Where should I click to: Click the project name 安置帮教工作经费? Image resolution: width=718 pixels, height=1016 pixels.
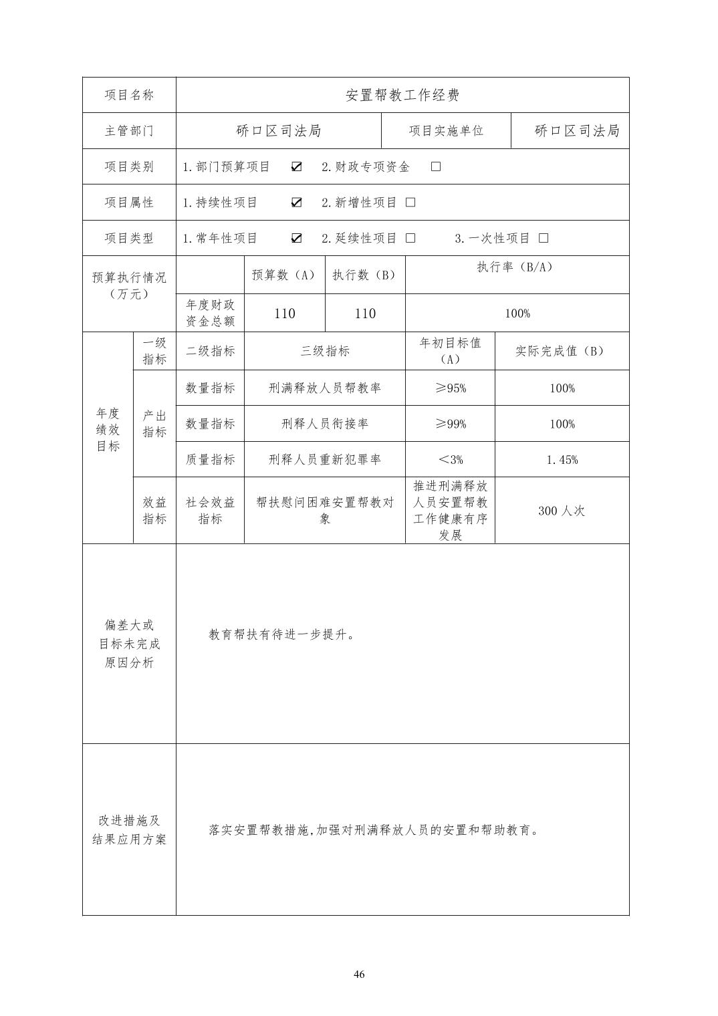(x=402, y=95)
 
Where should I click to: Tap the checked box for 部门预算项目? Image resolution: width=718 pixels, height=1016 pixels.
(x=297, y=166)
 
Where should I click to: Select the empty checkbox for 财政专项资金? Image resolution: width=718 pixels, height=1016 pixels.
(x=436, y=166)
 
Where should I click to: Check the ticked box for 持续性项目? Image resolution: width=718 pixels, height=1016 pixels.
(x=297, y=203)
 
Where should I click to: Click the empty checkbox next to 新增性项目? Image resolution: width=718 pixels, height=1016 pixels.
(x=410, y=203)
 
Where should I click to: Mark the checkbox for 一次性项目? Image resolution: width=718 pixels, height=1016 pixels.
(x=544, y=238)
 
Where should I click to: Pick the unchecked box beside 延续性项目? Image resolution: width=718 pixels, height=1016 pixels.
(x=410, y=238)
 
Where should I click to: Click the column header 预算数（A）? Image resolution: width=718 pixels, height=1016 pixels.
(x=284, y=275)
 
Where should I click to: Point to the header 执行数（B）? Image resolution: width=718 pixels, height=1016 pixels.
(x=364, y=275)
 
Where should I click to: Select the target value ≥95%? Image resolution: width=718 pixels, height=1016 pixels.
(x=450, y=388)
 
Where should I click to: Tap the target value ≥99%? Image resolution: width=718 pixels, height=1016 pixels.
(x=450, y=424)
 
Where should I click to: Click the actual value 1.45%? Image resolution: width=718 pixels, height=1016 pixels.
(x=562, y=460)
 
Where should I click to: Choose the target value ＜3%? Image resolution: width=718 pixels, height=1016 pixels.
(x=450, y=460)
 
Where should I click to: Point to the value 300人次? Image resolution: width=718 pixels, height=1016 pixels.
(x=562, y=511)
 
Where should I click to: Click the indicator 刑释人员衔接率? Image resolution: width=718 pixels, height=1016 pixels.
(x=324, y=424)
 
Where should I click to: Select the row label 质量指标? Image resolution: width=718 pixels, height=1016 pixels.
(x=210, y=460)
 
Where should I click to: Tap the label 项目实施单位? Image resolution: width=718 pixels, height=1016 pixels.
(x=446, y=131)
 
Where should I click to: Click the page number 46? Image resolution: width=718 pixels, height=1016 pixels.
(x=359, y=974)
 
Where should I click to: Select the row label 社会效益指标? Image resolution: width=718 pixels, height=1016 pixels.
(x=210, y=511)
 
